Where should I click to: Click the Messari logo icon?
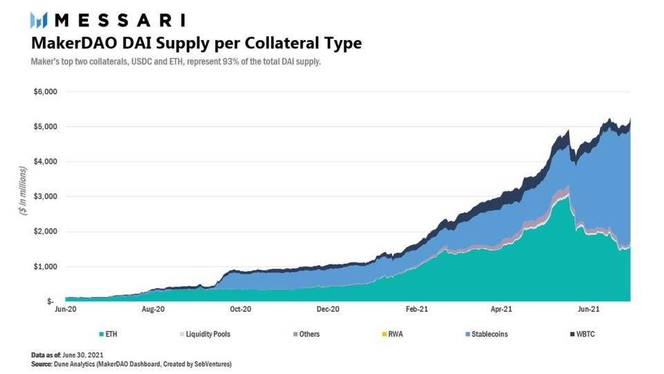pyautogui.click(x=38, y=19)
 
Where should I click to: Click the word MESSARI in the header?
pyautogui.click(x=118, y=19)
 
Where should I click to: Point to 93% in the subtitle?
pyautogui.click(x=221, y=62)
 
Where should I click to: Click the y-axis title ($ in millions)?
pyautogui.click(x=22, y=190)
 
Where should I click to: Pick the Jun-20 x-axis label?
pyautogui.click(x=65, y=311)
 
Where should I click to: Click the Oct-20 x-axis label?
pyautogui.click(x=240, y=311)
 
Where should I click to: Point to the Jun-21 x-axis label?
pyautogui.click(x=589, y=311)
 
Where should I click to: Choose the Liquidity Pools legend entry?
pyautogui.click(x=206, y=334)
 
